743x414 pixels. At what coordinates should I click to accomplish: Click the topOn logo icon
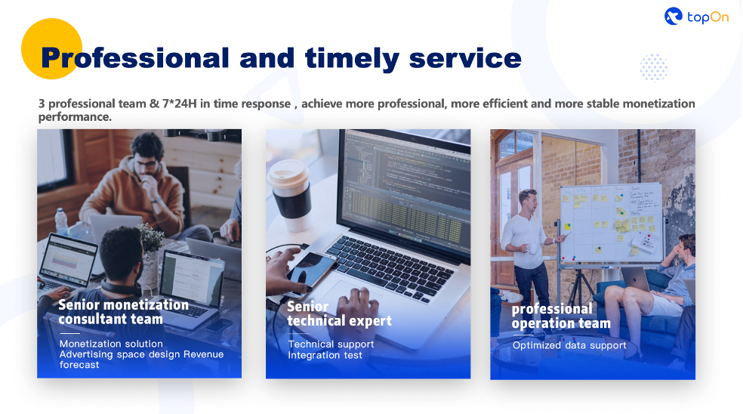674,16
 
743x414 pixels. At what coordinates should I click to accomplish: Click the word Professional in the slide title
135,58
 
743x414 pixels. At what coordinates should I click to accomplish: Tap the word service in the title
465,58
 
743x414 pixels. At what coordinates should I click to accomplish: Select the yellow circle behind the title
51,49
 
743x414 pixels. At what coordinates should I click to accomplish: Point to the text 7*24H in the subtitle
179,103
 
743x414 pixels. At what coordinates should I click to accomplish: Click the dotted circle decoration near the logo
654,67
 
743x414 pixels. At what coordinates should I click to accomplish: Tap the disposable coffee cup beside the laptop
289,195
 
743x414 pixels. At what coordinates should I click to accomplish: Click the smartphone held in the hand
310,272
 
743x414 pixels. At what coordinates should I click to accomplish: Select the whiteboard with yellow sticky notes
612,223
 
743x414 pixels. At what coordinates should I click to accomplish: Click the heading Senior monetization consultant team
123,311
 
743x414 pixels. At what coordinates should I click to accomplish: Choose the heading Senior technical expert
339,314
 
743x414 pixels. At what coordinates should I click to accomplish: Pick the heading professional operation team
561,316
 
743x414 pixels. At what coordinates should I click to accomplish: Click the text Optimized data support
569,345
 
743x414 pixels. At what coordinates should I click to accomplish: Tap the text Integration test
325,355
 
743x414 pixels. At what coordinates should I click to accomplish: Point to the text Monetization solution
111,344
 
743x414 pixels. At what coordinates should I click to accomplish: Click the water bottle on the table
61,222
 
